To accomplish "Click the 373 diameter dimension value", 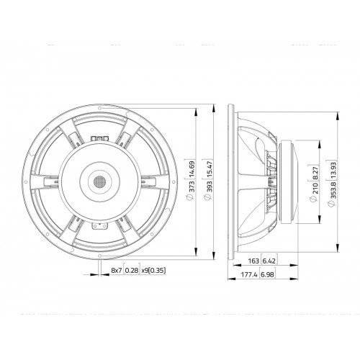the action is click(x=192, y=187).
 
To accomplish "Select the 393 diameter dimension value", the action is click(x=210, y=187).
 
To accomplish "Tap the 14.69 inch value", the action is click(x=192, y=169).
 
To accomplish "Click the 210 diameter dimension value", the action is click(x=315, y=189).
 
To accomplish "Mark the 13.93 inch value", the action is click(x=333, y=171).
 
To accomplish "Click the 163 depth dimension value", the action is click(x=253, y=261).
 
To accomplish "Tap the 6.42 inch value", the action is click(x=269, y=261).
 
